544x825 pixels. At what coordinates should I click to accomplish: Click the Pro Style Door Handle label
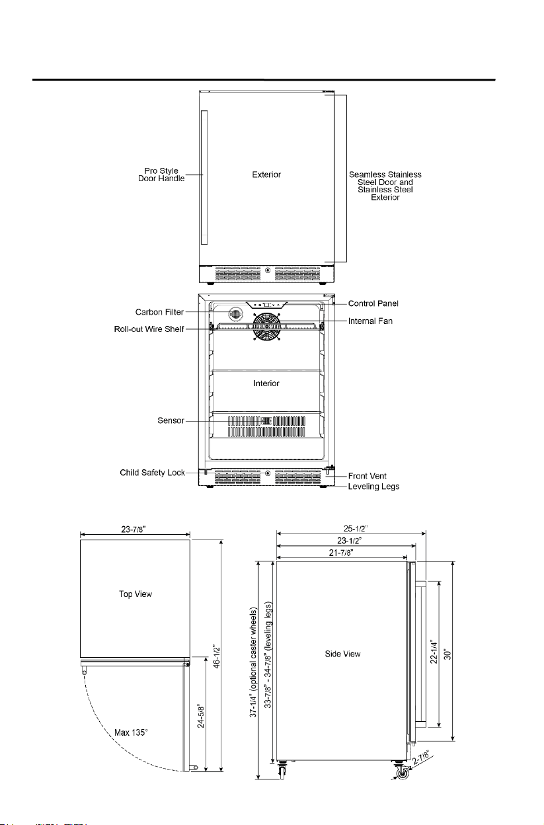pyautogui.click(x=161, y=175)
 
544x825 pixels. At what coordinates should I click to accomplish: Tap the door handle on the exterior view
pyautogui.click(x=204, y=177)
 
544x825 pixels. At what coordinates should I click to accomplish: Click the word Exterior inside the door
pyautogui.click(x=266, y=175)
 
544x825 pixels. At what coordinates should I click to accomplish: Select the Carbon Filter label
pyautogui.click(x=159, y=312)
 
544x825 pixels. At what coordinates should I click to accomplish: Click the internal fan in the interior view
pyautogui.click(x=266, y=327)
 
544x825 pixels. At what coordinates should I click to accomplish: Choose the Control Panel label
pyautogui.click(x=373, y=303)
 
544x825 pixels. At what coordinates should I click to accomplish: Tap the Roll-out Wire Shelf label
pyautogui.click(x=149, y=329)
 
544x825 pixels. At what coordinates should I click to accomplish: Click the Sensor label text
pyautogui.click(x=171, y=420)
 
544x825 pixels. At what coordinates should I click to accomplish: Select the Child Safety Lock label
pyautogui.click(x=152, y=473)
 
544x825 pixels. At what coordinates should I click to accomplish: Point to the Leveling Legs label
pyautogui.click(x=373, y=487)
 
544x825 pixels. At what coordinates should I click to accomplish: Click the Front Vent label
pyautogui.click(x=368, y=476)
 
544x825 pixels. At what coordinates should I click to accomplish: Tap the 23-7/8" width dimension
pyautogui.click(x=134, y=530)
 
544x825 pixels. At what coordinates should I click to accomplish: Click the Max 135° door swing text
pyautogui.click(x=131, y=732)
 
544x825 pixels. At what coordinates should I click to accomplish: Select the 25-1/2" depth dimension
pyautogui.click(x=356, y=529)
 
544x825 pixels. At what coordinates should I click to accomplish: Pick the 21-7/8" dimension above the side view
pyautogui.click(x=341, y=553)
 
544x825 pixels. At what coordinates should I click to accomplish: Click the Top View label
pyautogui.click(x=135, y=594)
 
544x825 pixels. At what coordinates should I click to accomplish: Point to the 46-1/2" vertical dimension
pyautogui.click(x=217, y=656)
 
